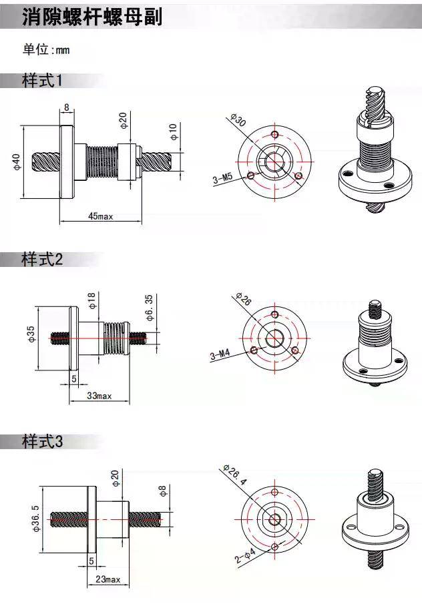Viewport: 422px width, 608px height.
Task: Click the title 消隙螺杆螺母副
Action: click(x=92, y=17)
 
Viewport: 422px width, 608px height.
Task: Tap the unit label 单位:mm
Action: click(x=46, y=49)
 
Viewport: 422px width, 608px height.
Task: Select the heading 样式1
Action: click(x=42, y=81)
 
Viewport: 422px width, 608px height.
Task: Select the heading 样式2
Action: click(x=42, y=259)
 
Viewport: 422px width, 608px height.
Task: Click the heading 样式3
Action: click(x=42, y=441)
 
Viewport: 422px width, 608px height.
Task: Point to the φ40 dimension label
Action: click(x=16, y=162)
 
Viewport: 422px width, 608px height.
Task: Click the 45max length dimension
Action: click(x=100, y=216)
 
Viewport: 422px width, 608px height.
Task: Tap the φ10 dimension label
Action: click(x=173, y=132)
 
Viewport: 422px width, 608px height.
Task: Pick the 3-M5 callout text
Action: click(x=222, y=179)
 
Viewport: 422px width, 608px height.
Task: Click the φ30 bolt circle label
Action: click(x=238, y=120)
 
